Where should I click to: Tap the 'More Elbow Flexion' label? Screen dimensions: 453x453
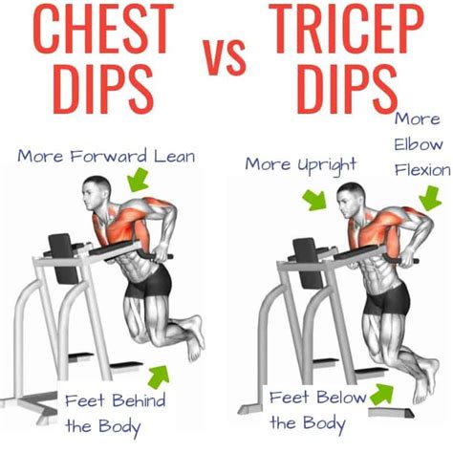[421, 144]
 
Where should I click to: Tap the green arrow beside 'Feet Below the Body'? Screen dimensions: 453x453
[386, 394]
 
